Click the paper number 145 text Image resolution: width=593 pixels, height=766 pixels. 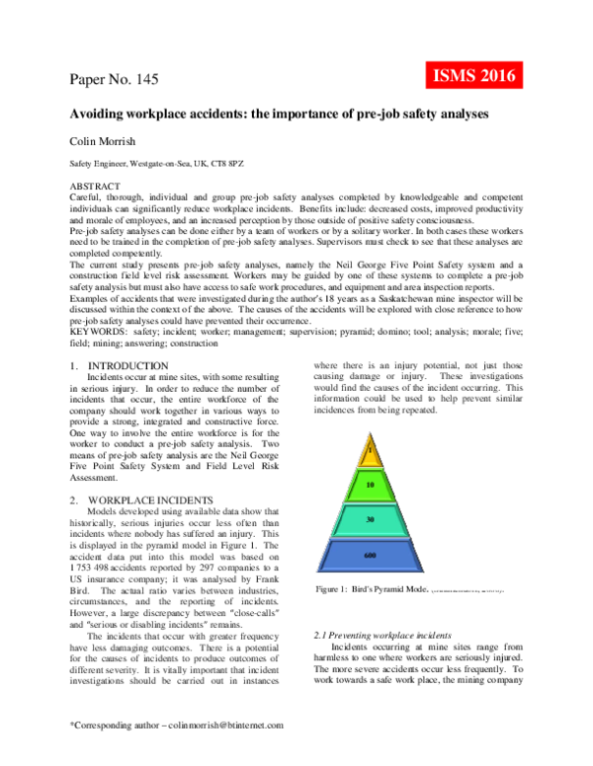(114, 79)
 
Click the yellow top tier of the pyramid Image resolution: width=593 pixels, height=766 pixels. (368, 455)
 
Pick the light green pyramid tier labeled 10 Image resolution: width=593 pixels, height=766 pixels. (368, 486)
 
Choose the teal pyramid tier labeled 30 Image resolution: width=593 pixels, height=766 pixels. (368, 519)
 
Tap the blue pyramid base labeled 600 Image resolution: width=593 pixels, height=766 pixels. (368, 556)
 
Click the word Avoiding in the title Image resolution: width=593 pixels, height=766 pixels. (98, 115)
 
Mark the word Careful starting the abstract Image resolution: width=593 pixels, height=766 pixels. (86, 197)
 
